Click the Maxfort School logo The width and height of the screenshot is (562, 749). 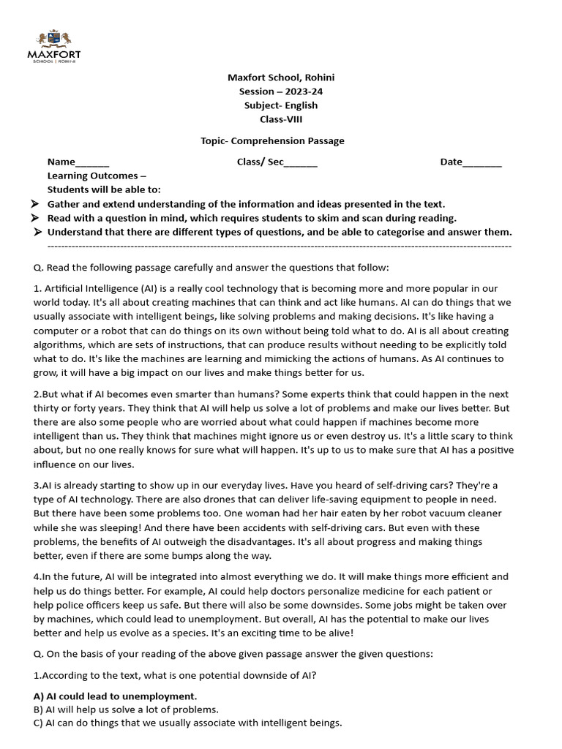54,45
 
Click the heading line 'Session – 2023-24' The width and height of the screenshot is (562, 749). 280,91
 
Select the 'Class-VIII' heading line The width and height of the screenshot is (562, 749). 280,119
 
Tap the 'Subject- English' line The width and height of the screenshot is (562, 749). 280,105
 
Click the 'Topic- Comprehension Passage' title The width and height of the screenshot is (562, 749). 272,140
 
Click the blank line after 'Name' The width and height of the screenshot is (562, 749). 92,162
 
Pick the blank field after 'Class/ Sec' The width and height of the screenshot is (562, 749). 301,162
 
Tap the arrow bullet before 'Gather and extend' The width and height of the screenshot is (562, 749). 34,204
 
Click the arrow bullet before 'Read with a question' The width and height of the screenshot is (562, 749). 34,218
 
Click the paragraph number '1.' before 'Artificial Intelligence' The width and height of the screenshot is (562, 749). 37,289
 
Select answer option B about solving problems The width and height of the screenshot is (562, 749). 126,710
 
